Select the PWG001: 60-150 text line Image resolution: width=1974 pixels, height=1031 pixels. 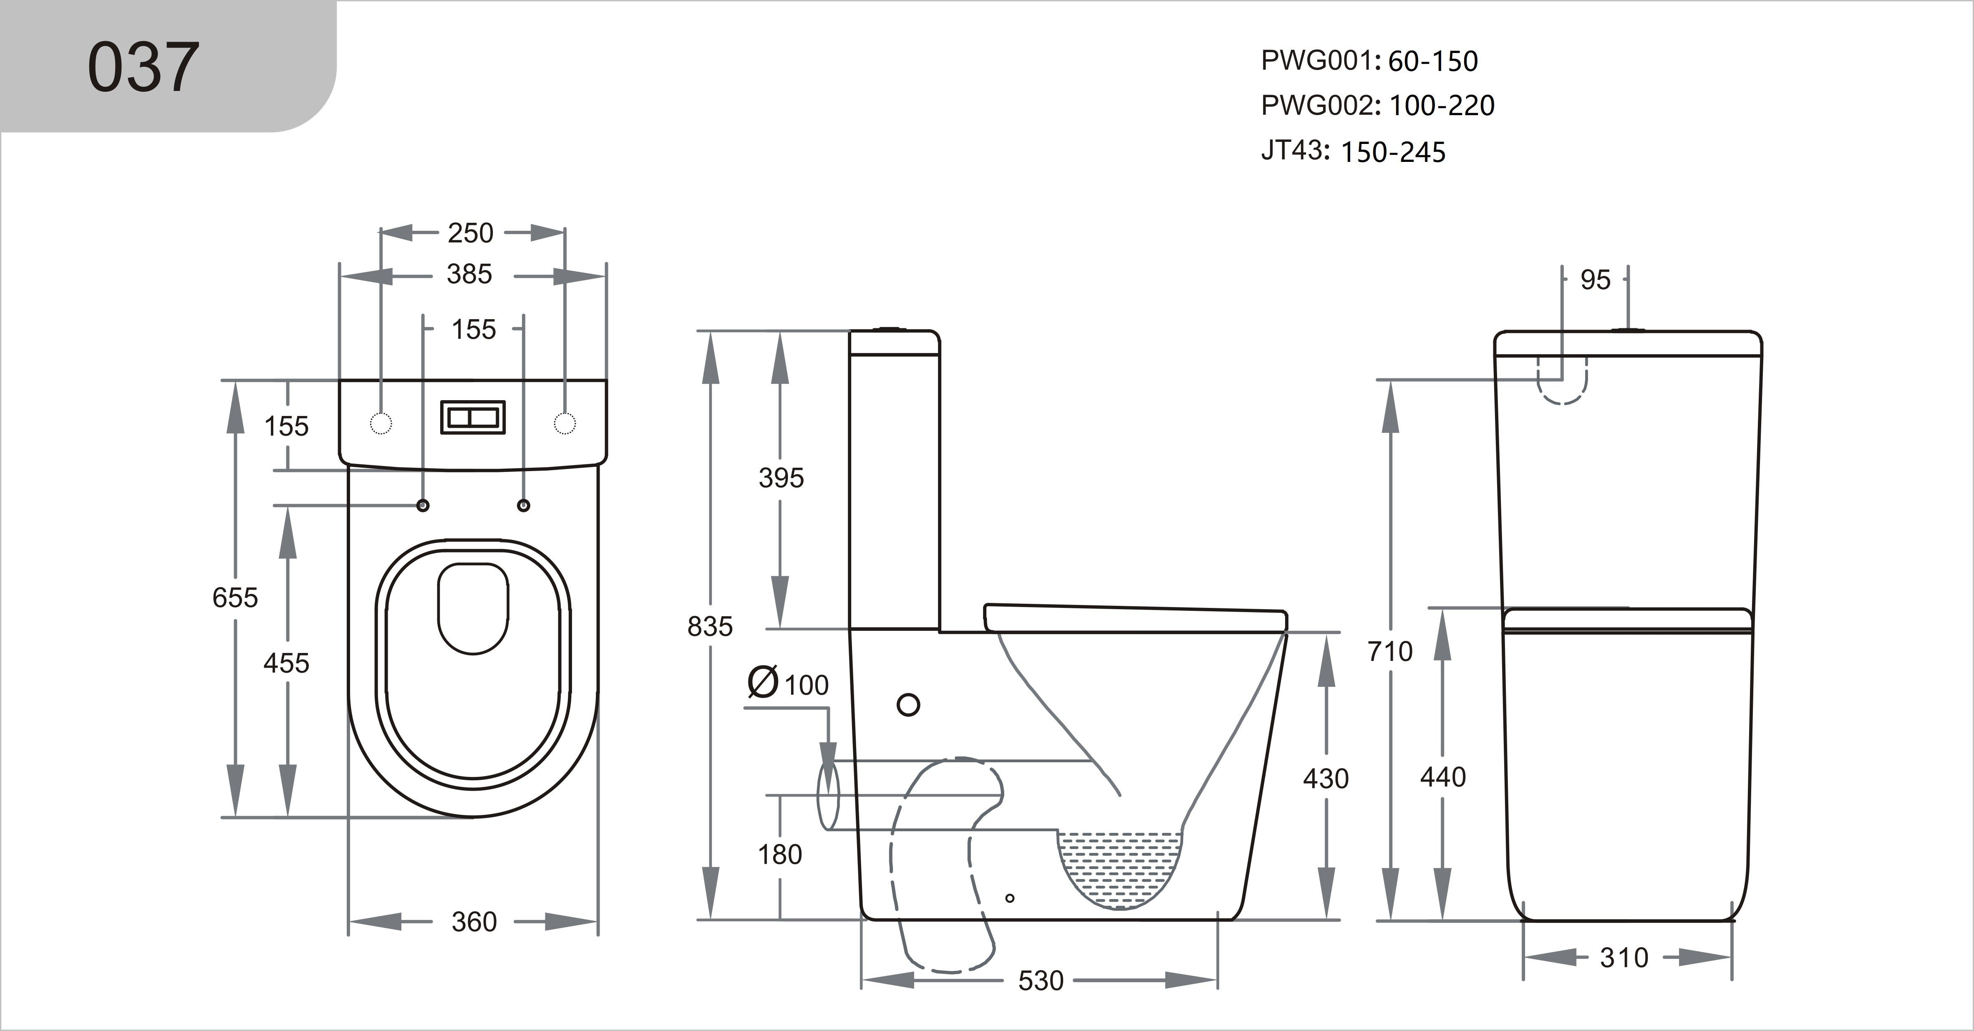click(x=1369, y=60)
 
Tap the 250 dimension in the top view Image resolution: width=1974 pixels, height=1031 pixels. click(x=471, y=233)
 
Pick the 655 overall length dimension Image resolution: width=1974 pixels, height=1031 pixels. click(x=235, y=597)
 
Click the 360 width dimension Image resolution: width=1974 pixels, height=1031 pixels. click(x=474, y=921)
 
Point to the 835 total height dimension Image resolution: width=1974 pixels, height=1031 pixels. click(x=710, y=626)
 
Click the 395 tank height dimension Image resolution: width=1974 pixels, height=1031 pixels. click(x=781, y=478)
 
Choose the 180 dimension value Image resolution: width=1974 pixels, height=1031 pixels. click(x=779, y=854)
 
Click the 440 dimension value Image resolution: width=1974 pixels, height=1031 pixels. click(x=1442, y=776)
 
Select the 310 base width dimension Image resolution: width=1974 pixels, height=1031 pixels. click(x=1624, y=958)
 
